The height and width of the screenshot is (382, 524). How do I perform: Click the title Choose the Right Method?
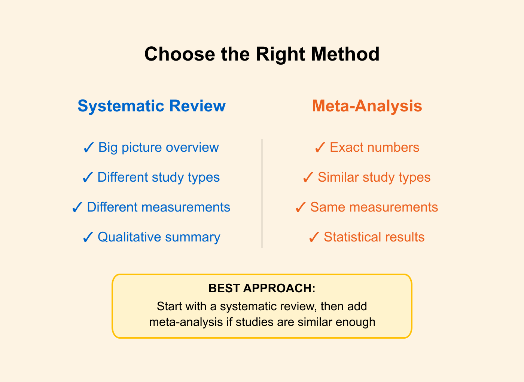262,54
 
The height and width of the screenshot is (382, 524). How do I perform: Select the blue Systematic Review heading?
152,106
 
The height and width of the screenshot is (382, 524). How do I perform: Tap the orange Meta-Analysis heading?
367,106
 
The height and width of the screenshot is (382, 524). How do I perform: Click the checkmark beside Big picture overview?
88,148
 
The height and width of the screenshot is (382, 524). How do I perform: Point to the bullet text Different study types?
158,177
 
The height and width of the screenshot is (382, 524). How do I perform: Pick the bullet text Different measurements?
158,207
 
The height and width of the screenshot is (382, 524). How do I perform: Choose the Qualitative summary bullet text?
159,237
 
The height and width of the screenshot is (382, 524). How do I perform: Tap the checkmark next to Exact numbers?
320,148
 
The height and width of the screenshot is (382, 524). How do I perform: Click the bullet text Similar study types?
374,177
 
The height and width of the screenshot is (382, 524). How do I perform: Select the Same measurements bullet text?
374,207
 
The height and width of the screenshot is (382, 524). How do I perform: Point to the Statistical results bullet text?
374,237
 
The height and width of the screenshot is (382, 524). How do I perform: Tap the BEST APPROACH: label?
262,288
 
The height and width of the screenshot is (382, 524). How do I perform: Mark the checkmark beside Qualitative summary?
88,237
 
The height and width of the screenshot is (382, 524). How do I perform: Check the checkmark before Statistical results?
314,237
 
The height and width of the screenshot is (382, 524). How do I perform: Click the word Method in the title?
345,54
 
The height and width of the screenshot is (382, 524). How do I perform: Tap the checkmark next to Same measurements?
300,207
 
